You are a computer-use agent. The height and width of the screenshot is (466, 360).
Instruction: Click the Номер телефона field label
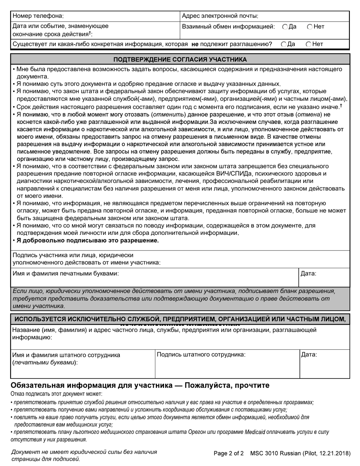coord(38,16)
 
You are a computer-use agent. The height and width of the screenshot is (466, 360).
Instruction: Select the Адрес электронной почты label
coord(220,16)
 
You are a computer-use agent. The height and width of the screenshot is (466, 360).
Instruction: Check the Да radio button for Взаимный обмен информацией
coord(285,27)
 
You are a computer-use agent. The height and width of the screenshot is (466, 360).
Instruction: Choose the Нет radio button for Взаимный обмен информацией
coord(310,27)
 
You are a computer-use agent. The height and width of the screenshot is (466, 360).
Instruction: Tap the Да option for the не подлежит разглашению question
coord(283,44)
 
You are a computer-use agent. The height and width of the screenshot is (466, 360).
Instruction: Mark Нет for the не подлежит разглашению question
coord(308,44)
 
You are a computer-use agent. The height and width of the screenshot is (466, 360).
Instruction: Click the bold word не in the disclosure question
coord(195,44)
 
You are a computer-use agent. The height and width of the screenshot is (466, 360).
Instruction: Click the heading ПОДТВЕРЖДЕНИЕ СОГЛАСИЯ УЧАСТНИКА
coord(180,59)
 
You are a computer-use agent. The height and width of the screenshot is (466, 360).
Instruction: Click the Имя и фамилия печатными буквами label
coord(66,273)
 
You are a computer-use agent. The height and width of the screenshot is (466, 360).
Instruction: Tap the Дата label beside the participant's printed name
coord(308,273)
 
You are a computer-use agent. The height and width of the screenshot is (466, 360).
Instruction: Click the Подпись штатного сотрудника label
coord(201,355)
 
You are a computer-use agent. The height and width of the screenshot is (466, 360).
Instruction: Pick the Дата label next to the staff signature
coord(309,355)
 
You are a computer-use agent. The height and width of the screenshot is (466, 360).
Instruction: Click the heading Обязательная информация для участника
coord(140,385)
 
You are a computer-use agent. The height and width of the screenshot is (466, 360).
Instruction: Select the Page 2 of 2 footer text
coord(229,453)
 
